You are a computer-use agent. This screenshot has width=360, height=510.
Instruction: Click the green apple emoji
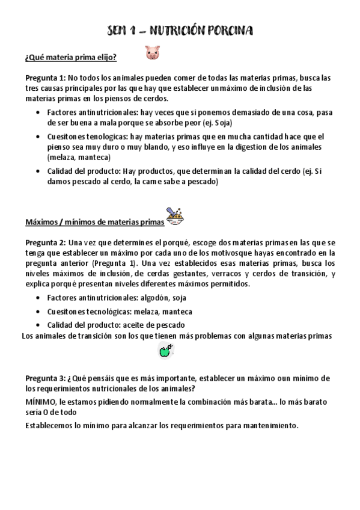point(165,352)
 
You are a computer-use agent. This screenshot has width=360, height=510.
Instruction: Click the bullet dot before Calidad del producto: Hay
point(40,171)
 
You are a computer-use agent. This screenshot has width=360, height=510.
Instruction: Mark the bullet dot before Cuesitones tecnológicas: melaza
point(40,312)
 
